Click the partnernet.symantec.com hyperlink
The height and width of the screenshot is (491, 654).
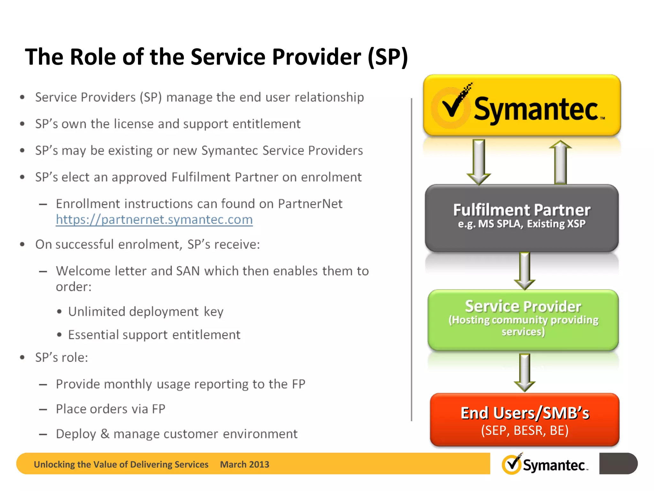[x=154, y=220]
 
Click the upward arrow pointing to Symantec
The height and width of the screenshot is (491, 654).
[x=560, y=162]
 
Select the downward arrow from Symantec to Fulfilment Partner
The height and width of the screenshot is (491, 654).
[x=479, y=162]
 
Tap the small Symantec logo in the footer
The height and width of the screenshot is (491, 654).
[x=545, y=464]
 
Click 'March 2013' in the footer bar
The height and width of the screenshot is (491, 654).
[x=245, y=464]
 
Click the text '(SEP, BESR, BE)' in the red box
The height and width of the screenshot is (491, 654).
[x=525, y=431]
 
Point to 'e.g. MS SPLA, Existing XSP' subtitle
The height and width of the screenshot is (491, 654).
[x=522, y=224]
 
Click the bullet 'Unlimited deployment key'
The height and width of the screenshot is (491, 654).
[x=146, y=312]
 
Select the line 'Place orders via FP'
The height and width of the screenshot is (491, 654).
[x=110, y=409]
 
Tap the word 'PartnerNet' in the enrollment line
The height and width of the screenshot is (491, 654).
[x=310, y=204]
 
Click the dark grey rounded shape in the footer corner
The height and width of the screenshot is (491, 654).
[x=618, y=464]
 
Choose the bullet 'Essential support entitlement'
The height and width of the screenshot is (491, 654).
[x=154, y=335]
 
